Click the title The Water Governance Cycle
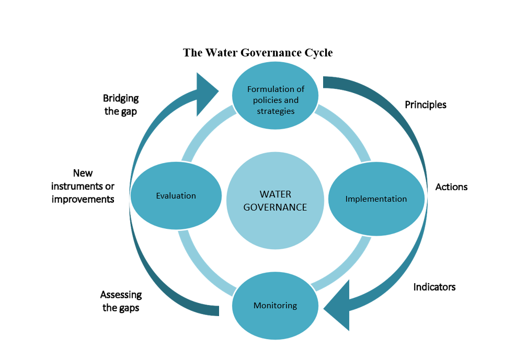pyautogui.click(x=258, y=53)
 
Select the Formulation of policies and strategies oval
pyautogui.click(x=276, y=100)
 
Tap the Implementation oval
pyautogui.click(x=376, y=199)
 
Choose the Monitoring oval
pyautogui.click(x=275, y=306)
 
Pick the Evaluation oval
pyautogui.click(x=176, y=196)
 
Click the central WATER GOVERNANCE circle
pyautogui.click(x=275, y=200)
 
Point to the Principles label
pyautogui.click(x=426, y=104)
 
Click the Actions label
pyautogui.click(x=451, y=187)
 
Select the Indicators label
pyautogui.click(x=434, y=287)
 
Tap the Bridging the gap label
pyautogui.click(x=121, y=104)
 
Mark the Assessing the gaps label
pyautogui.click(x=121, y=301)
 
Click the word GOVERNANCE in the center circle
pyautogui.click(x=275, y=207)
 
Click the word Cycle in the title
pyautogui.click(x=317, y=53)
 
